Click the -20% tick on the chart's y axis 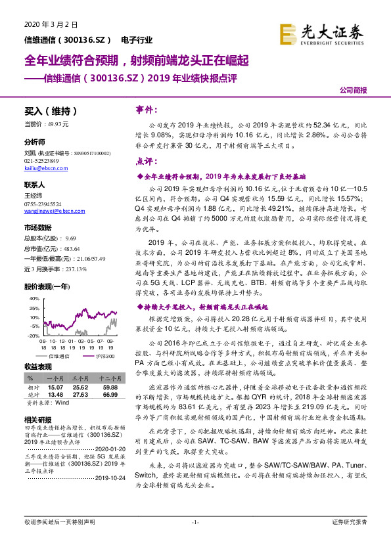coord(33,335)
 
